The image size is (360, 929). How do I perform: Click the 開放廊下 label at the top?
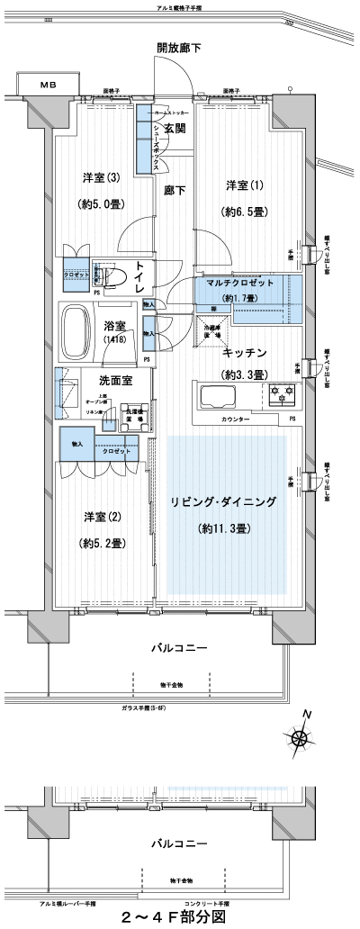click(x=180, y=48)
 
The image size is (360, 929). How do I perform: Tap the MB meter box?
click(x=46, y=86)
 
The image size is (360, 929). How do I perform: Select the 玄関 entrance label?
click(x=174, y=130)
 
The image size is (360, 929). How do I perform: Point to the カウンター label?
click(x=237, y=420)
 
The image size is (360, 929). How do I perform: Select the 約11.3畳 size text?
click(x=225, y=528)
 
